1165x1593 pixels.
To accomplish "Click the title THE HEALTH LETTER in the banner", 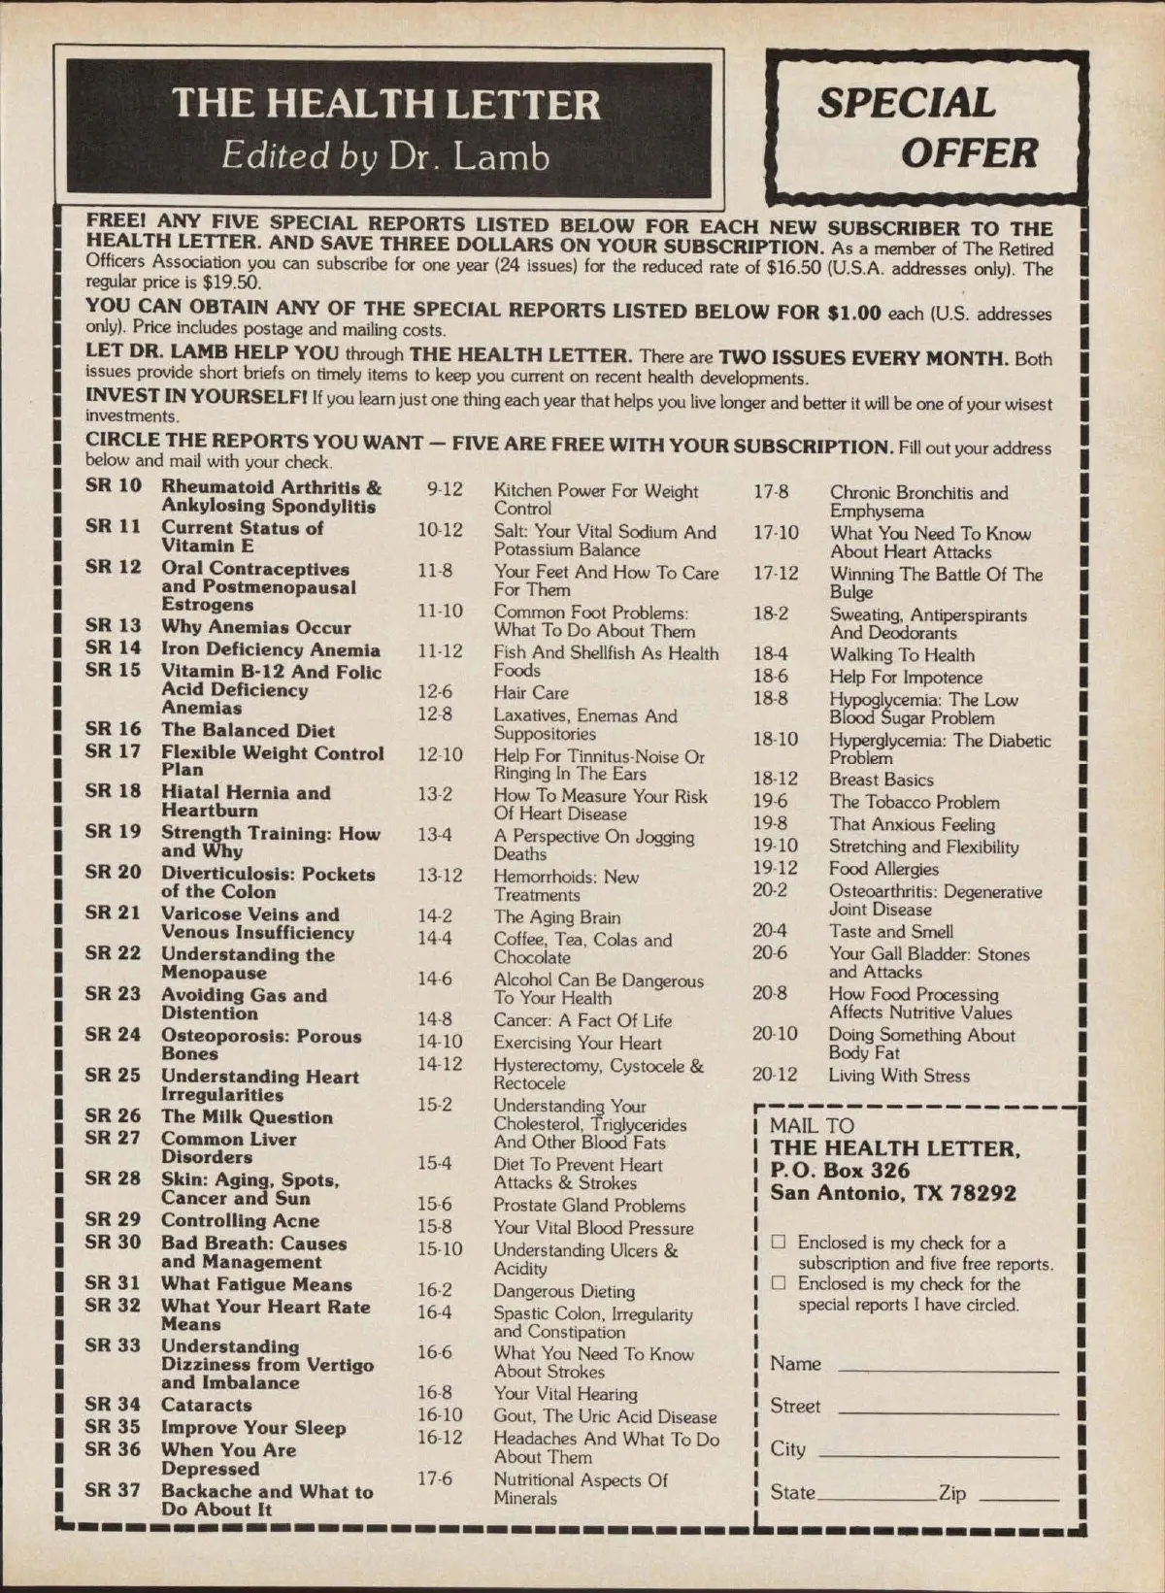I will pos(386,105).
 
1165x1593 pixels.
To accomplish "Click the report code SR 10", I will pos(113,485).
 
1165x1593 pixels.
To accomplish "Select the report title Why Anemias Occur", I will pos(255,627).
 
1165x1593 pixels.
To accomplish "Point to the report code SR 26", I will pos(113,1115).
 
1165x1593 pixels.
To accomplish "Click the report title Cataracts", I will pos(206,1405).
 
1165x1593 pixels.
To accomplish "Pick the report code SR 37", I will pos(113,1489).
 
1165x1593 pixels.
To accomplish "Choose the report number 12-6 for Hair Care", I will pos(435,691).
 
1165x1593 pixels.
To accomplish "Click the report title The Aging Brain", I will pos(556,916).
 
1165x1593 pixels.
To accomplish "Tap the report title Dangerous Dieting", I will pos(563,1291).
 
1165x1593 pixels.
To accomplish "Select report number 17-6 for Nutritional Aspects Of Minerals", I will pos(435,1478).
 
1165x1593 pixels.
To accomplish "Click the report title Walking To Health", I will pos(901,655).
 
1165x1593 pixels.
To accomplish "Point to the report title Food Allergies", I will pos(883,869).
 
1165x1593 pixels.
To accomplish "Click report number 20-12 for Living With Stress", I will pos(775,1075).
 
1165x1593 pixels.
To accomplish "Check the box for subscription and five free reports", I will pos(779,1242).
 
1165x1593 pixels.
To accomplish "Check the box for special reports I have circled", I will pos(779,1282).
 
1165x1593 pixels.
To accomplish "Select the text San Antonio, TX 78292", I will pos(893,1193).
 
